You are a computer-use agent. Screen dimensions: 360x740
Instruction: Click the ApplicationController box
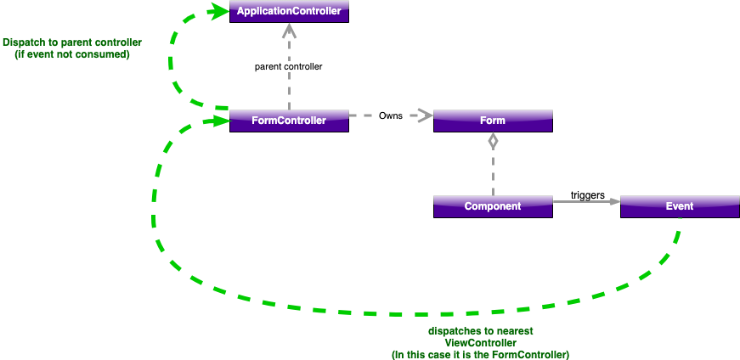(x=289, y=12)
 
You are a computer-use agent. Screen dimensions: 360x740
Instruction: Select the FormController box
(x=289, y=121)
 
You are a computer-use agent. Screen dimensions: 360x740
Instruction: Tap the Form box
(x=493, y=121)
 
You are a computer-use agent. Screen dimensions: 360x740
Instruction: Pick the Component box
(x=493, y=206)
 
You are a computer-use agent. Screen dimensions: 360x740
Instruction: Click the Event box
(x=680, y=206)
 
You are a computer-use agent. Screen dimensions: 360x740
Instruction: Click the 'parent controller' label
(x=289, y=66)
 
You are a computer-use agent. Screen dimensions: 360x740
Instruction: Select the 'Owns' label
(x=390, y=115)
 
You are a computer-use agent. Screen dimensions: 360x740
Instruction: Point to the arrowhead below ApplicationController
(x=289, y=31)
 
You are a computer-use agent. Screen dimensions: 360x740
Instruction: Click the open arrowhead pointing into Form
(x=422, y=115)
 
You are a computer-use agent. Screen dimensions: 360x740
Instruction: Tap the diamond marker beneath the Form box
(x=493, y=142)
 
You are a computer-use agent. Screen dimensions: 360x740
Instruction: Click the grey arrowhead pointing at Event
(x=613, y=201)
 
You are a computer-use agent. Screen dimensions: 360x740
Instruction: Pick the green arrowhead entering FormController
(x=220, y=121)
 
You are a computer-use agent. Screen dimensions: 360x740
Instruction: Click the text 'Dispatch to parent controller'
(x=72, y=42)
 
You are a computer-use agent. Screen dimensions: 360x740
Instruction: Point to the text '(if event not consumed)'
(x=72, y=54)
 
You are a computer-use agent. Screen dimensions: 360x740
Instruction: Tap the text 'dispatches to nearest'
(x=481, y=330)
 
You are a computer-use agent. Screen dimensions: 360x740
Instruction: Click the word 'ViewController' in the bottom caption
(x=481, y=342)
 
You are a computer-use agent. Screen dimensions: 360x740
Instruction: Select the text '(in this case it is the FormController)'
(x=481, y=354)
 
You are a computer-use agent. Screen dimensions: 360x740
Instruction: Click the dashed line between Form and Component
(x=493, y=174)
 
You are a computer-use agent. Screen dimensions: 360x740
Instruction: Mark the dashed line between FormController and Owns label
(x=363, y=115)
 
